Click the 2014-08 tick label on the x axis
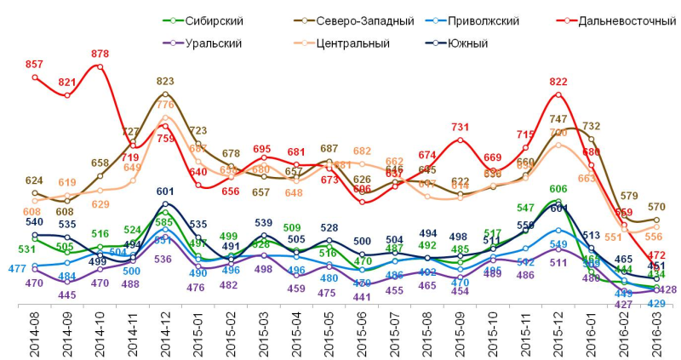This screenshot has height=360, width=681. [35, 329]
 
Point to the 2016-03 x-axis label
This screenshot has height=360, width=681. [656, 329]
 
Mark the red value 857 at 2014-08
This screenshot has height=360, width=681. [35, 65]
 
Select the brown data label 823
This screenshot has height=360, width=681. [166, 82]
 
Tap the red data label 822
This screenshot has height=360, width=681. [558, 82]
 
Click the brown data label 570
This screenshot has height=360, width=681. [656, 207]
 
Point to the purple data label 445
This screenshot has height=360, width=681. [67, 295]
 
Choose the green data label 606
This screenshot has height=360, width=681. [558, 189]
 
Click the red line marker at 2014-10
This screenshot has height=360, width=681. [100, 66]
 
